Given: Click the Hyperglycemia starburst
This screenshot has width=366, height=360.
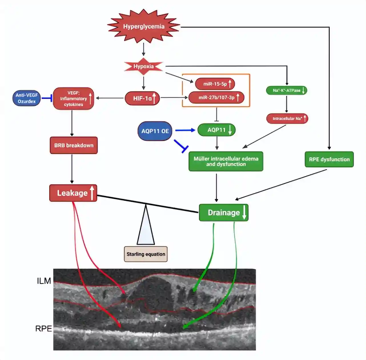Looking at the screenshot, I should [x=144, y=27].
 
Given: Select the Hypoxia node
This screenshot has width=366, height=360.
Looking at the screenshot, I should [x=144, y=66].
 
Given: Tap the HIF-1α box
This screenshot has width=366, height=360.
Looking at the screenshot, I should [x=142, y=98].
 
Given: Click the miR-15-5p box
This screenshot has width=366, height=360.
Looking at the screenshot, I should [x=215, y=84].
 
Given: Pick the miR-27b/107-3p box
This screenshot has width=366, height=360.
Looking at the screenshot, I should [x=216, y=98].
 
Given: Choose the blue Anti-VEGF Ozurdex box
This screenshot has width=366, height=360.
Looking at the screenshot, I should [x=27, y=98].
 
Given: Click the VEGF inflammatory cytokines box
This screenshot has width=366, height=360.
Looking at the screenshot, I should [x=73, y=99].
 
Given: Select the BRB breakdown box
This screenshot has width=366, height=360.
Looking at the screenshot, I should [x=74, y=145].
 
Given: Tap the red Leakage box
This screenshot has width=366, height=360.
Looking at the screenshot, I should [x=73, y=193].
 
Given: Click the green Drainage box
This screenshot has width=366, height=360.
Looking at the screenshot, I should [x=224, y=213].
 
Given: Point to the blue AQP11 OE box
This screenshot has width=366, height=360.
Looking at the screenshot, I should [x=155, y=131].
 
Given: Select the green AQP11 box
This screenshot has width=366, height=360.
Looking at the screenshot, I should [x=216, y=130].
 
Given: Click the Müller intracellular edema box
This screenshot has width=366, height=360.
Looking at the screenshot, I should [x=226, y=161].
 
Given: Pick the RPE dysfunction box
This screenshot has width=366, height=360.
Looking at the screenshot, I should [x=329, y=159].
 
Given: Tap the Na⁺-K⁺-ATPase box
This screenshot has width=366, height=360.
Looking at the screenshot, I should [x=286, y=90].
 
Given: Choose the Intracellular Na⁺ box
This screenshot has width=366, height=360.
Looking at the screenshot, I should [x=287, y=119].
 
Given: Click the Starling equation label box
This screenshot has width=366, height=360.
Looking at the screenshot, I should [x=146, y=254].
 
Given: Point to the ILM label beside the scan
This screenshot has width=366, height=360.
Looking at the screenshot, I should [x=44, y=281].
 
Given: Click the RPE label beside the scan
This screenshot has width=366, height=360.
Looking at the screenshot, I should [x=43, y=329].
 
